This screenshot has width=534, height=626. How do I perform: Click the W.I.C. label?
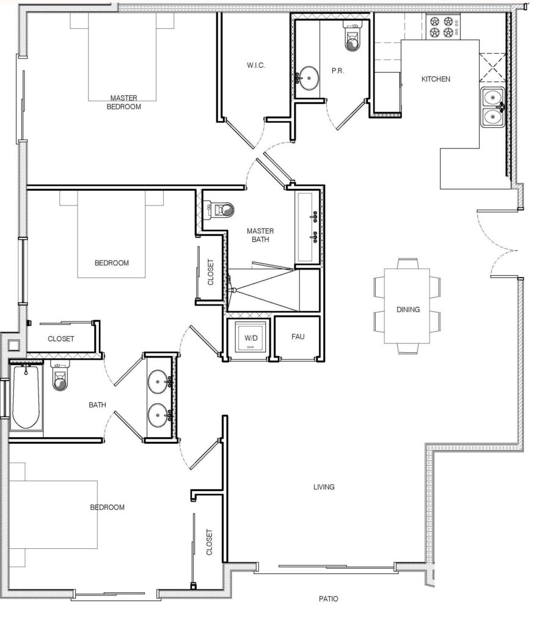[x=255, y=65]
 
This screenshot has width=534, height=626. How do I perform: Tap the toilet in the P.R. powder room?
[x=353, y=38]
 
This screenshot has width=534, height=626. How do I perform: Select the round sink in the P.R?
[x=308, y=78]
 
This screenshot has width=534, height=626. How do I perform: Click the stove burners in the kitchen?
[x=444, y=26]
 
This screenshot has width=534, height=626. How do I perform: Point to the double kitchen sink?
[x=491, y=107]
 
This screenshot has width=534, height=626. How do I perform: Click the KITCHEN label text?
[x=436, y=79]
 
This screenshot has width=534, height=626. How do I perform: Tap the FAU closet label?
[x=298, y=337]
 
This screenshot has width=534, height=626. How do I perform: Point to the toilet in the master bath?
[x=221, y=210]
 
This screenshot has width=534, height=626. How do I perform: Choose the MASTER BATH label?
[x=260, y=235]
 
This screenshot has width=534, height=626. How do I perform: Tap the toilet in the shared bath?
[x=60, y=380]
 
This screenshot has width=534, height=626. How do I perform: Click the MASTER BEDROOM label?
[x=123, y=102]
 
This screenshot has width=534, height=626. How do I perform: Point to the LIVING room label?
[x=323, y=487]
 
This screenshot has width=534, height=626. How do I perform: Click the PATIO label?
[x=327, y=599]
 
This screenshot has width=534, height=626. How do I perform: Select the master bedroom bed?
[x=122, y=55]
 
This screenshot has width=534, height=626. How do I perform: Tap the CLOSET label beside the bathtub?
[x=60, y=339]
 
